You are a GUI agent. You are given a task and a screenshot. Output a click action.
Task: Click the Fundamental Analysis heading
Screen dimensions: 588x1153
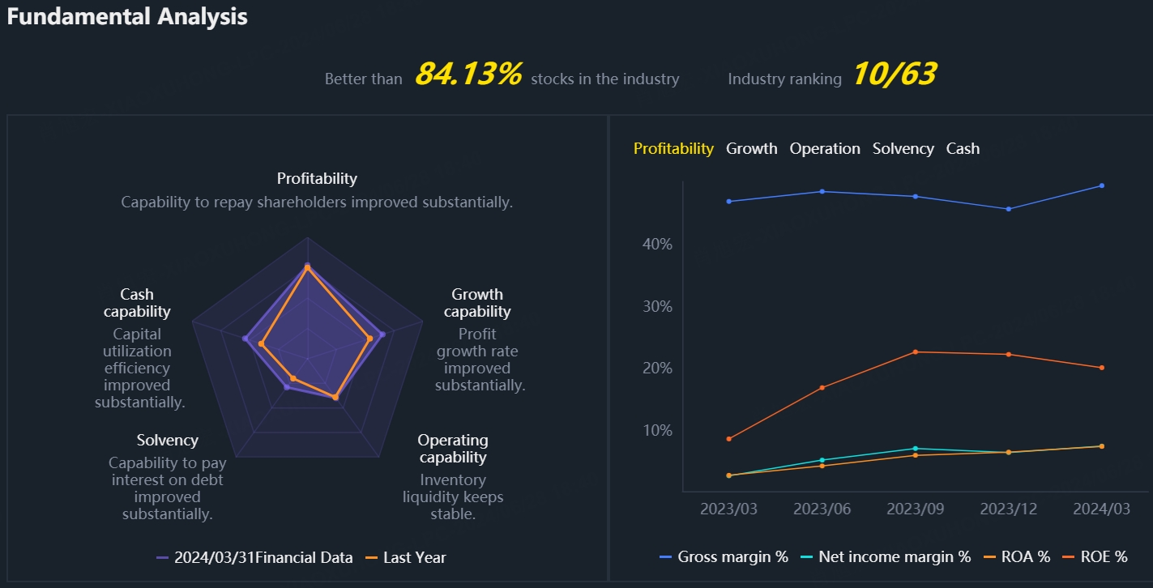tap(127, 16)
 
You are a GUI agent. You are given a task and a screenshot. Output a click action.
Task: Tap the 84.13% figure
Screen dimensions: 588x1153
tap(468, 75)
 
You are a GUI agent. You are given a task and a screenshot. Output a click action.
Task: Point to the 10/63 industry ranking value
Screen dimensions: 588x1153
tap(894, 75)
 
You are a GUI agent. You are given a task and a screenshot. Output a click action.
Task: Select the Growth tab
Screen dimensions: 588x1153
tap(751, 149)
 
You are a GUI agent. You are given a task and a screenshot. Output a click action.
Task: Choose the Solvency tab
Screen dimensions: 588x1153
tap(903, 149)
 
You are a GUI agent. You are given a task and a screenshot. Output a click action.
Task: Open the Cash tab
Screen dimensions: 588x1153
tap(963, 149)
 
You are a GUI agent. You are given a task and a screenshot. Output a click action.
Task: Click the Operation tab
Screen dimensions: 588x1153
tap(825, 149)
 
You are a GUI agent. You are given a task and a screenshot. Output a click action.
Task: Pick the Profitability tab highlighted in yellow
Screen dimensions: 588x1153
tap(673, 149)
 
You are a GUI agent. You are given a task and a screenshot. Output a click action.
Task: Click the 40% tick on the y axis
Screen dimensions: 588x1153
tap(657, 245)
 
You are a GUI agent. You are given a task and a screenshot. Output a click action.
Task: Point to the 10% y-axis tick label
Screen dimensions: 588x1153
tap(657, 430)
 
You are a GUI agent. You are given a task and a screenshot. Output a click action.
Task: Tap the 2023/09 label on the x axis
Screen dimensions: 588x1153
tap(915, 509)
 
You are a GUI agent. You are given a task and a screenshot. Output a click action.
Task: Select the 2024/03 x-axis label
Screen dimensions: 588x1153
tap(1101, 509)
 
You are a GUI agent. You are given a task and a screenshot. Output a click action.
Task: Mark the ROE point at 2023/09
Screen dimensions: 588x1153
tap(916, 352)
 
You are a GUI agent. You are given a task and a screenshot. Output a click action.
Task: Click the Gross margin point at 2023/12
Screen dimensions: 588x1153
tap(1009, 209)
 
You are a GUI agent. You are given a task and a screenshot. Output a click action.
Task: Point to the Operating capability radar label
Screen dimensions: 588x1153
tap(453, 449)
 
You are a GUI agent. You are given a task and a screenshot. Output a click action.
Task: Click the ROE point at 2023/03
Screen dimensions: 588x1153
tap(729, 439)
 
